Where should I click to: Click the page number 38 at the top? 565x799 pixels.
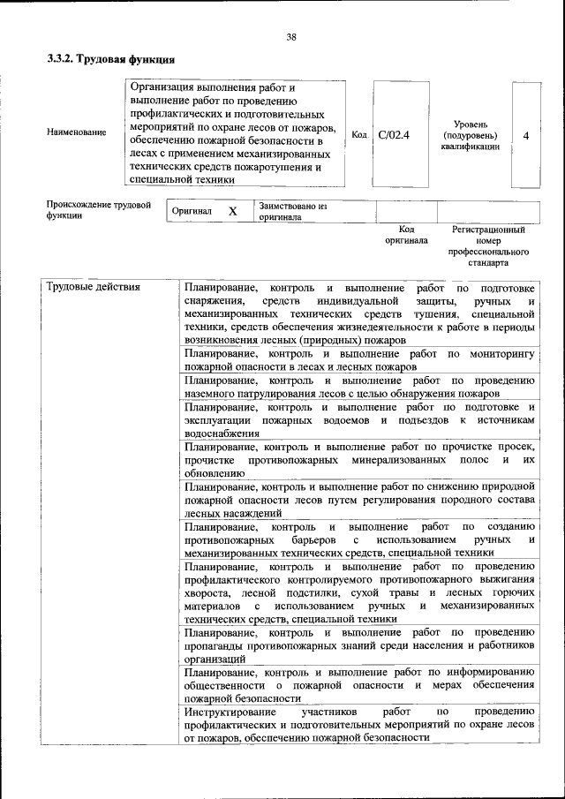point(290,36)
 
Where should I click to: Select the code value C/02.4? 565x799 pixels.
point(394,135)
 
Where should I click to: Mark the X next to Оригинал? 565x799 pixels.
point(232,212)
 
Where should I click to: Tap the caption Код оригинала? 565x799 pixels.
point(406,234)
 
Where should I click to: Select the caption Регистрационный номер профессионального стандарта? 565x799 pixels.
point(487,245)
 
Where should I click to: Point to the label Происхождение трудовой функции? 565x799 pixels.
point(98,210)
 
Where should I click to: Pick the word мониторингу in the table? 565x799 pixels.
point(503,353)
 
